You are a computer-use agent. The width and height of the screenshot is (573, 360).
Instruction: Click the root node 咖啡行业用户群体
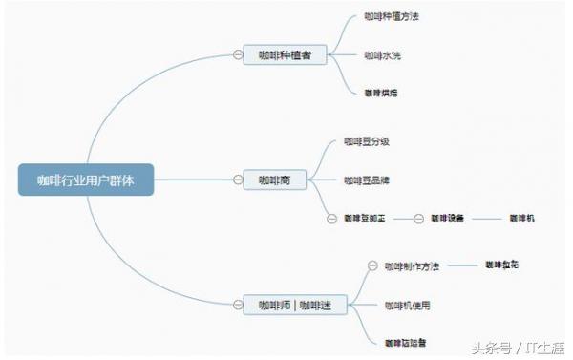pyautogui.click(x=86, y=179)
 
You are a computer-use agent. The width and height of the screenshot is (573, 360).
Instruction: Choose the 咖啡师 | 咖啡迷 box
pyautogui.click(x=295, y=306)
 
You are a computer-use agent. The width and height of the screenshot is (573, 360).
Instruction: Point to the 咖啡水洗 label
pyautogui.click(x=382, y=55)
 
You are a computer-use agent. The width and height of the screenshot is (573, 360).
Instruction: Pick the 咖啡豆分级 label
pyautogui.click(x=367, y=142)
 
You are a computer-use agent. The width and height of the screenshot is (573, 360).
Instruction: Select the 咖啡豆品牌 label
pyautogui.click(x=367, y=180)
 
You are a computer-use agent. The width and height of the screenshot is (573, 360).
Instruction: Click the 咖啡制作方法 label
pyautogui.click(x=412, y=266)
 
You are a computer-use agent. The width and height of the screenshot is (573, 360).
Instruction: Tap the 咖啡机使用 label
pyautogui.click(x=406, y=306)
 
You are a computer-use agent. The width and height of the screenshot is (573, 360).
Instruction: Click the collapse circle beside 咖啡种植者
pyautogui.click(x=237, y=54)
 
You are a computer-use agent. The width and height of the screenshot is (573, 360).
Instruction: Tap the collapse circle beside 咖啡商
pyautogui.click(x=237, y=179)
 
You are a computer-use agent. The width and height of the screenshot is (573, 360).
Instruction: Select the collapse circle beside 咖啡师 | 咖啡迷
pyautogui.click(x=237, y=306)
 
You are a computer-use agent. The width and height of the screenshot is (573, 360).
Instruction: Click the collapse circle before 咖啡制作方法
pyautogui.click(x=372, y=266)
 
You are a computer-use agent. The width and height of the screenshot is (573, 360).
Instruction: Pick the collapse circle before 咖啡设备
pyautogui.click(x=418, y=219)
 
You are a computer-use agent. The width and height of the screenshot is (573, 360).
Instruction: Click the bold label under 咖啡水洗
pyautogui.click(x=382, y=94)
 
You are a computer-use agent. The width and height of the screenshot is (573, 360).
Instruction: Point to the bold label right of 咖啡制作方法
pyautogui.click(x=501, y=265)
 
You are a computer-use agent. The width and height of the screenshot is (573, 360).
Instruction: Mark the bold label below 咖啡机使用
pyautogui.click(x=405, y=342)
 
